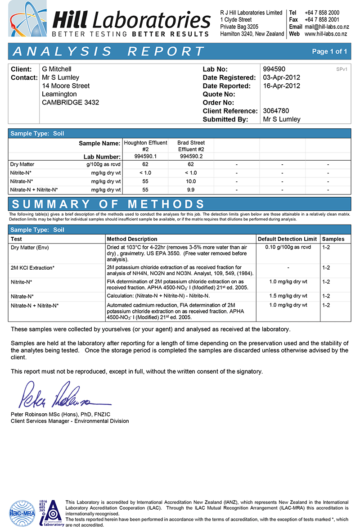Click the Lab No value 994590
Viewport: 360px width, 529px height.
point(274,69)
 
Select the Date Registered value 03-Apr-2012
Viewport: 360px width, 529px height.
point(281,77)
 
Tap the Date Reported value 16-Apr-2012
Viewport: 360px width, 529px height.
point(281,86)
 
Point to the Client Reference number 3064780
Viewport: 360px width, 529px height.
point(275,111)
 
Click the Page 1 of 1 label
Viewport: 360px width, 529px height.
point(329,51)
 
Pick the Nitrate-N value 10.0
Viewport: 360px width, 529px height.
point(191,181)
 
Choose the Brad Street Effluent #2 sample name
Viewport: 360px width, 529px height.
point(191,146)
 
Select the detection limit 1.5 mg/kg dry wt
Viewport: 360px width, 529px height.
point(288,296)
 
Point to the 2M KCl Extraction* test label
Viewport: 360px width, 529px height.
point(32,268)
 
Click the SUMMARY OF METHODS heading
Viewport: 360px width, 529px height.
point(108,203)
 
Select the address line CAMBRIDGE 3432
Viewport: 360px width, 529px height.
point(70,103)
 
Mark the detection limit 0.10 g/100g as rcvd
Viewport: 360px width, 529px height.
point(288,248)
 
